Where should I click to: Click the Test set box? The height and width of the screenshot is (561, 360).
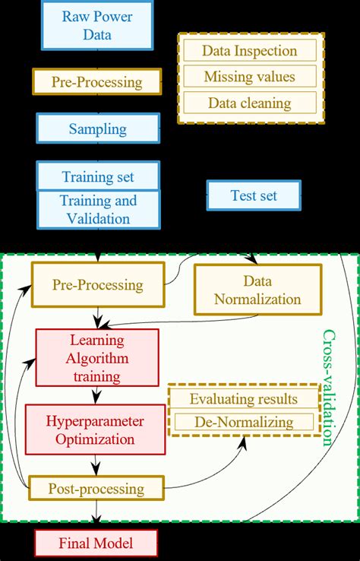(x=254, y=195)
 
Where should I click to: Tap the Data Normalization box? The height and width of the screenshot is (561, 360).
(x=257, y=290)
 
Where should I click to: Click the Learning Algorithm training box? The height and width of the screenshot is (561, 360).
(x=97, y=357)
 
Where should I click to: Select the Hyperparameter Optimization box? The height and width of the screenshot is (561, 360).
(x=97, y=429)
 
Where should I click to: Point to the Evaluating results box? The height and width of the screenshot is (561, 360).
(x=243, y=399)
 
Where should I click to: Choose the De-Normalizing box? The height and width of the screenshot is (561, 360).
(x=243, y=421)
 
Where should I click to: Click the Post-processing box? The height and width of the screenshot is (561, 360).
(x=97, y=487)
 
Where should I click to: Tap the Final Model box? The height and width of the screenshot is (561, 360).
(x=96, y=544)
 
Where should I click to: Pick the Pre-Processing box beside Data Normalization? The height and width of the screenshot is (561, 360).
(x=97, y=285)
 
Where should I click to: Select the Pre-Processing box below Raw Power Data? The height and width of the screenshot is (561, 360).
(x=97, y=81)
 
